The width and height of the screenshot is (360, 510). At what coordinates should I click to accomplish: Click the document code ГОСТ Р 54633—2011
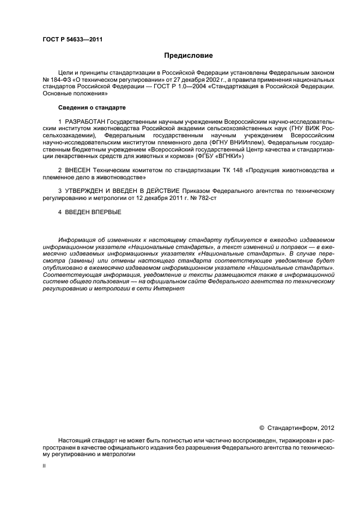click(x=72, y=39)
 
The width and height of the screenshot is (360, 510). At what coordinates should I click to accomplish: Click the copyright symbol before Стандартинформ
click(x=261, y=428)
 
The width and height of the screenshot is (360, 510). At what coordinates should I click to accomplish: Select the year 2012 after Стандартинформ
click(x=326, y=428)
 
